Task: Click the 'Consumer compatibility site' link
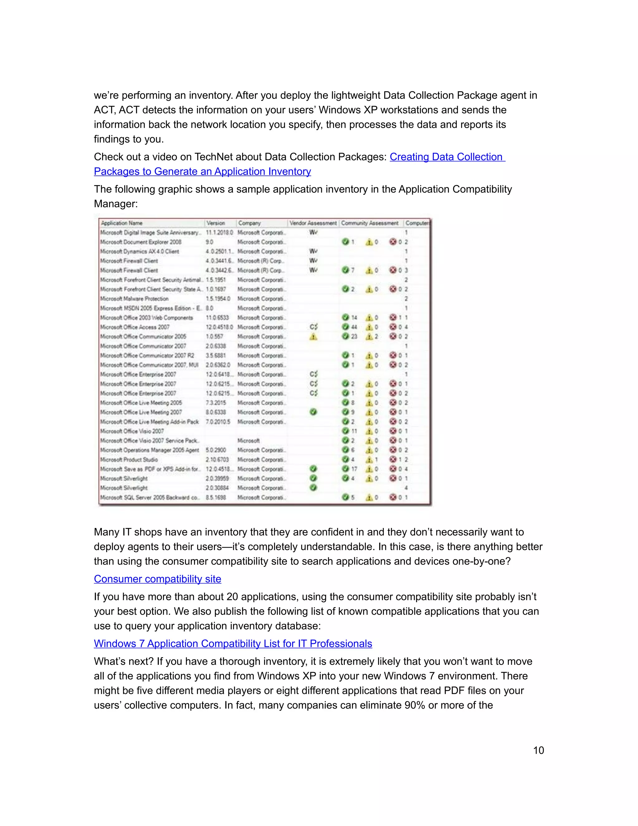pos(157,579)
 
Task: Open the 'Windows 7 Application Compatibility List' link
pos(233,644)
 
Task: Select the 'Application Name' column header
pos(122,223)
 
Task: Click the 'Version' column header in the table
pos(216,223)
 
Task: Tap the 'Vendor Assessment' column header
pos(313,223)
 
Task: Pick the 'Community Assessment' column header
pos(370,223)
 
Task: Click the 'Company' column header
pos(250,223)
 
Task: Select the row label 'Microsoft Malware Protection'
pos(134,299)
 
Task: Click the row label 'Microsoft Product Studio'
pos(129,459)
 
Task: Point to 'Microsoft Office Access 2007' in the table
pos(135,327)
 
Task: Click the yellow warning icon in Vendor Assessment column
pos(313,337)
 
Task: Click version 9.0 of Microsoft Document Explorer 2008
pos(209,242)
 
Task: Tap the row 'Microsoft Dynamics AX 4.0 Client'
pos(140,252)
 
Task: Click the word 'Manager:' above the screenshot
pos(116,204)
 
